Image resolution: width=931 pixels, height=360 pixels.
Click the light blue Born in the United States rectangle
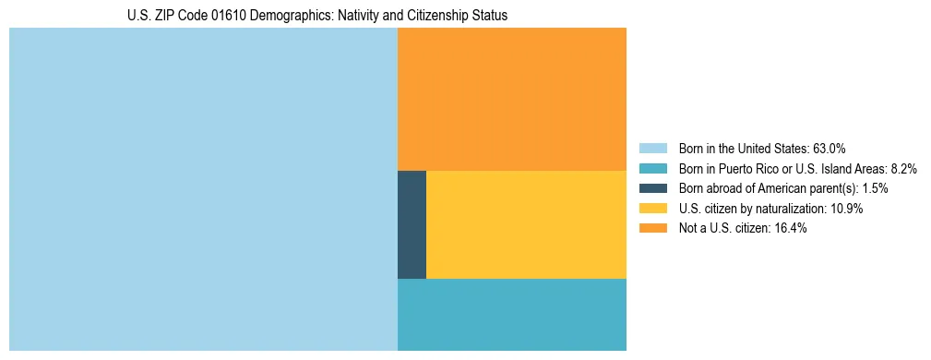[x=203, y=189]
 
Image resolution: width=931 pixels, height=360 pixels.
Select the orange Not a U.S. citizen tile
[x=511, y=99]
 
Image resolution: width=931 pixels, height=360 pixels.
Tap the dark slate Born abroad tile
[x=412, y=224]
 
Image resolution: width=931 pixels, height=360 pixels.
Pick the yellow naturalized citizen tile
[x=526, y=224]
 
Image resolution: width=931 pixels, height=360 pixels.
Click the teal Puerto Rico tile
[x=511, y=314]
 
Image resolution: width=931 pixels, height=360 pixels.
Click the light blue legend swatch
[x=652, y=148]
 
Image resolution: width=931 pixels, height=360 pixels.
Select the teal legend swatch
[x=652, y=168]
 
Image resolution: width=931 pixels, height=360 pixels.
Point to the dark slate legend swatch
[x=652, y=188]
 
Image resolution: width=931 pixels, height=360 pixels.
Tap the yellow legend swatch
[x=652, y=209]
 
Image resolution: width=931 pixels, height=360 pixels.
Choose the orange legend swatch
[x=652, y=229]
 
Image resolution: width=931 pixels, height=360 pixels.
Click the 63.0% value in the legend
[x=829, y=148]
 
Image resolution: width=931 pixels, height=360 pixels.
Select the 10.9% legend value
[x=846, y=209]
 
